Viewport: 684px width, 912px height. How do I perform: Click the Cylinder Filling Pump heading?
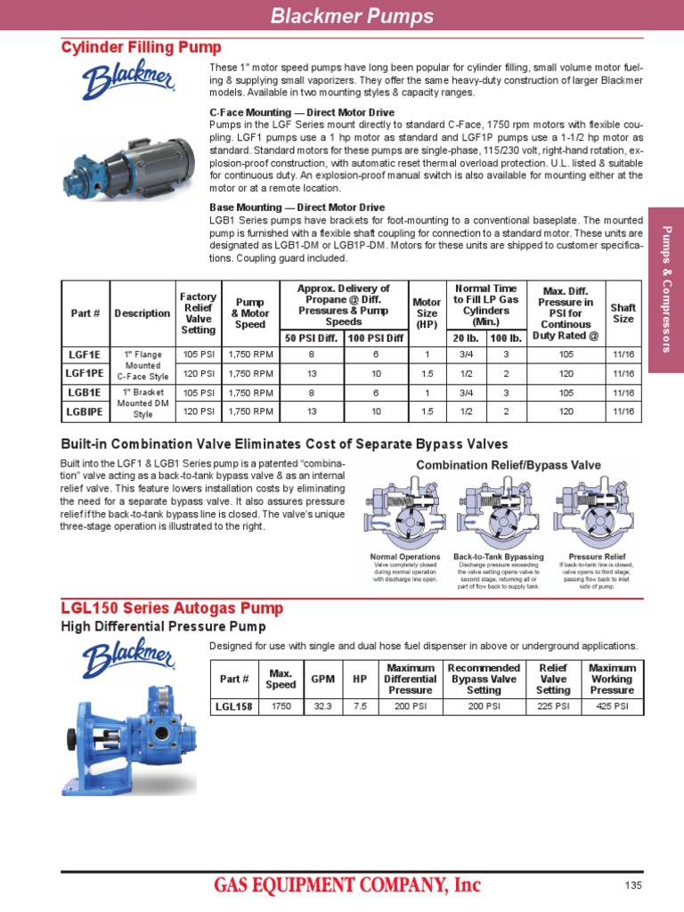tap(141, 47)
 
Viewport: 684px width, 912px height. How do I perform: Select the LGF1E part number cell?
tap(85, 354)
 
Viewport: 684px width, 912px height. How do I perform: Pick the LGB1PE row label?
tap(85, 411)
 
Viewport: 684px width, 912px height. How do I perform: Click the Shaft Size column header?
tap(623, 313)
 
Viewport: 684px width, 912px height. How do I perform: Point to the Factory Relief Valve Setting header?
tap(198, 313)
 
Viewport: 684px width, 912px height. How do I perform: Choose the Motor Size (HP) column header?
tap(427, 313)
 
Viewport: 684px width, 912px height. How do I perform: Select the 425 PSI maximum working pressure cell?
tap(612, 707)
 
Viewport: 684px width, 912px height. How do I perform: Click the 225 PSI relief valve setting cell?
tap(553, 707)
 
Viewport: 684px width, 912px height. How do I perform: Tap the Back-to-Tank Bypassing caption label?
tap(498, 557)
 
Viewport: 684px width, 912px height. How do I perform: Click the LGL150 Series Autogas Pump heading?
tap(172, 608)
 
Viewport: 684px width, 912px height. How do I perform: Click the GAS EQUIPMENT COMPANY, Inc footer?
tap(346, 884)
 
